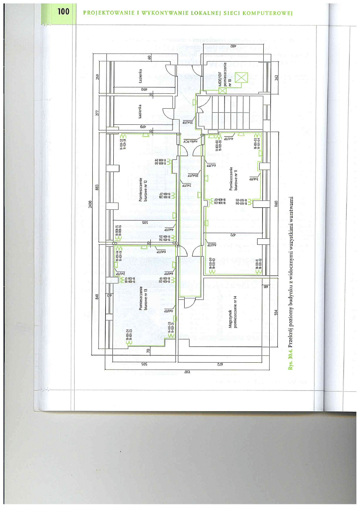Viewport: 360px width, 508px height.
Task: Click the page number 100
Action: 63,12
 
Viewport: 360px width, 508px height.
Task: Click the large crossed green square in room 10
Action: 242,77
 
